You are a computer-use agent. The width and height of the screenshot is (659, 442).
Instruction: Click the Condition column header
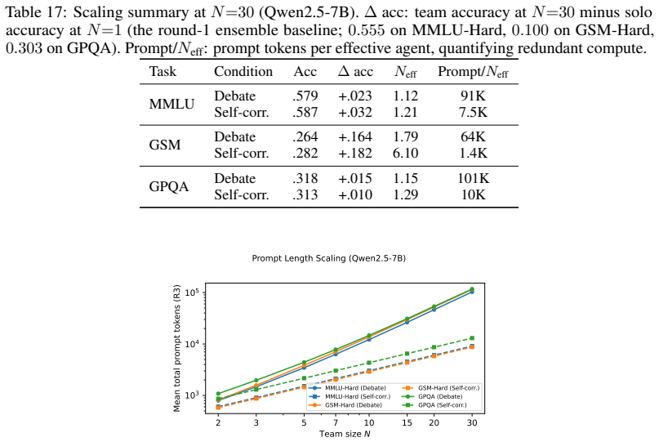click(x=243, y=72)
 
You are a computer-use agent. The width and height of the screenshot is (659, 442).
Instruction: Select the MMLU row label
click(x=171, y=104)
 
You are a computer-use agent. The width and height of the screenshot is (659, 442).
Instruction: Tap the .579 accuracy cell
click(x=305, y=96)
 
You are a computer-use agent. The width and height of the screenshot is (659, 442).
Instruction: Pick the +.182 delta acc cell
click(x=355, y=153)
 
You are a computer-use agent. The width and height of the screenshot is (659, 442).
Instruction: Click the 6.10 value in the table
click(x=406, y=153)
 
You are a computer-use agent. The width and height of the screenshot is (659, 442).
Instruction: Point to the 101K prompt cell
click(x=474, y=178)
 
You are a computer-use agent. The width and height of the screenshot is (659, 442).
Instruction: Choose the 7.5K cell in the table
click(x=474, y=112)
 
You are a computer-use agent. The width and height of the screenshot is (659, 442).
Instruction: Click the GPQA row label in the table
click(x=169, y=186)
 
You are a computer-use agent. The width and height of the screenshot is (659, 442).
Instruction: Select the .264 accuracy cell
click(x=305, y=136)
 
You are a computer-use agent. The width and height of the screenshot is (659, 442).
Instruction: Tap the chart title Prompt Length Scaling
click(x=328, y=258)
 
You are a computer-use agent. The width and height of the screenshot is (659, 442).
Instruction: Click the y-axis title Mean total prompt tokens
click(x=177, y=348)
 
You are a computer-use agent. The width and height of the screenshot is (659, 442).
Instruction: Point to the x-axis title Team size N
click(x=345, y=434)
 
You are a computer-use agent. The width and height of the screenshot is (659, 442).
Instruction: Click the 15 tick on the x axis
click(x=407, y=422)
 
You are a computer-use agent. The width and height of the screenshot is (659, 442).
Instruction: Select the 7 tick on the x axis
click(x=336, y=422)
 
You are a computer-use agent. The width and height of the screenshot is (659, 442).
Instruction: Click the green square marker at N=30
click(x=472, y=338)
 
